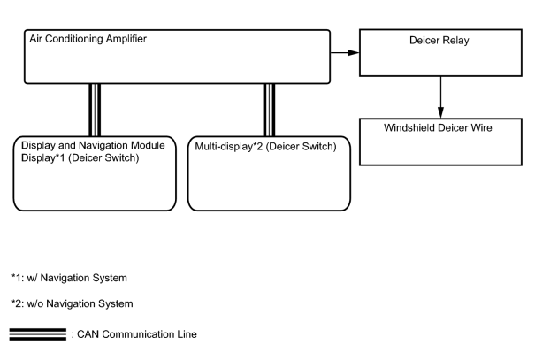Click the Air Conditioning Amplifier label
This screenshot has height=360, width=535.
(x=88, y=39)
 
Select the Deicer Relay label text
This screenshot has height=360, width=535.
(x=439, y=41)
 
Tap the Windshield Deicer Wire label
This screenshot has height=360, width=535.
(x=438, y=127)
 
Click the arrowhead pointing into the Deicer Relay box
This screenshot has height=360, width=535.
(x=354, y=52)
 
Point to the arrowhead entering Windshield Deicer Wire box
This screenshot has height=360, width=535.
(x=440, y=112)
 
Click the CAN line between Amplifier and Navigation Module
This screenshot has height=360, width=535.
(x=95, y=110)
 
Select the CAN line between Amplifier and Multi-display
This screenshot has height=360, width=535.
(x=269, y=110)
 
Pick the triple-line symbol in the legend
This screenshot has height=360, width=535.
(x=38, y=334)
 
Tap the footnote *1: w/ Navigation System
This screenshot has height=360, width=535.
(x=69, y=278)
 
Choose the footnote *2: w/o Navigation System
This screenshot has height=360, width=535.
(x=73, y=303)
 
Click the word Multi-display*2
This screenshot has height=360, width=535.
(x=229, y=147)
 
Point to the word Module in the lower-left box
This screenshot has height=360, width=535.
(x=149, y=145)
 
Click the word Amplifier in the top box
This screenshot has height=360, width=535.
(x=126, y=39)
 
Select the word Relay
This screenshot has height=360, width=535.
(x=455, y=41)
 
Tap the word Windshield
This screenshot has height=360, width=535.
(x=409, y=127)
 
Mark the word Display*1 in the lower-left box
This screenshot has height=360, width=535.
(x=43, y=158)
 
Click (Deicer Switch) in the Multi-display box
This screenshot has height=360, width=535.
(x=301, y=147)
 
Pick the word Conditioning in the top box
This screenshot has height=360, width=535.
(x=74, y=39)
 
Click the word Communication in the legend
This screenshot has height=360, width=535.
(x=138, y=334)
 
